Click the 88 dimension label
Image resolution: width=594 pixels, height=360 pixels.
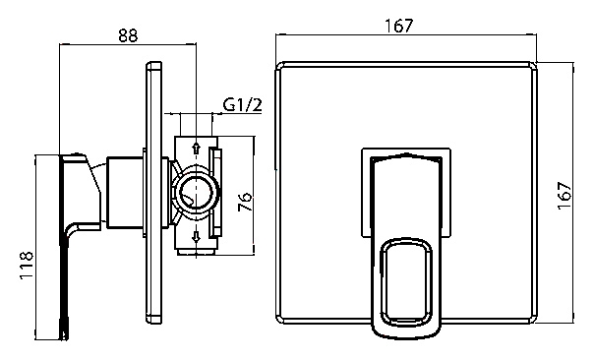coord(128,35)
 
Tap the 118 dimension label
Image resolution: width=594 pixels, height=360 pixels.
coord(27,265)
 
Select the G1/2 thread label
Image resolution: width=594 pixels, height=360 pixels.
coord(243,104)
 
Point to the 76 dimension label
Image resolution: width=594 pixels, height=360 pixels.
coord(244,202)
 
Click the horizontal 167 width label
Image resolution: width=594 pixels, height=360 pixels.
coord(399,26)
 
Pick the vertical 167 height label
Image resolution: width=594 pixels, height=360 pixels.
coord(564,195)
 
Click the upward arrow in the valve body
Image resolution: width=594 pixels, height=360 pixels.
coord(196,147)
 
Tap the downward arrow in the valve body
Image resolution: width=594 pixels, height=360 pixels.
coord(196,237)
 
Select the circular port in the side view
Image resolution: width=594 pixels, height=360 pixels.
coord(195,193)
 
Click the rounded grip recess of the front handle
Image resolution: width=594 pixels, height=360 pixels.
coord(406,281)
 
